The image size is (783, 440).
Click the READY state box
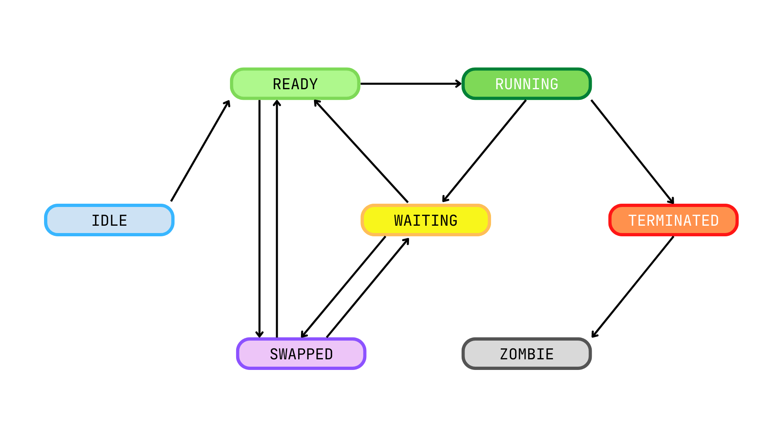[x=295, y=84]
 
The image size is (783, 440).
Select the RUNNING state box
[x=526, y=84]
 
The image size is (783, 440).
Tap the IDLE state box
[x=109, y=220]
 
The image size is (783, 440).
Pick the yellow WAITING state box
[x=426, y=220]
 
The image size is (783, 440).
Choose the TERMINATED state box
[x=673, y=220]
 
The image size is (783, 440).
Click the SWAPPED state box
[x=301, y=354]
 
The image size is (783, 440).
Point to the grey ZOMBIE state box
[x=526, y=354]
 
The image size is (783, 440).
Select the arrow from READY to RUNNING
[x=410, y=84]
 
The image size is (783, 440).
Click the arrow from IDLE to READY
[x=200, y=151]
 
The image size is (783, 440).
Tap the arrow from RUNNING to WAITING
[x=484, y=151]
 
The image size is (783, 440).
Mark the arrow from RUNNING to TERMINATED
[x=632, y=152]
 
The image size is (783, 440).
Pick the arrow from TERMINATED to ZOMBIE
[x=633, y=287]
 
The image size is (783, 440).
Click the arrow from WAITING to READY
[x=361, y=151]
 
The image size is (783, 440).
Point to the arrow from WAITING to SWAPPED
[x=343, y=287]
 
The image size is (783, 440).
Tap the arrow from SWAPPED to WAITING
[x=368, y=288]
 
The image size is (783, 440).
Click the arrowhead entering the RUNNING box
[x=458, y=84]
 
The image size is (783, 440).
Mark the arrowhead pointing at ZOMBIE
[x=595, y=334]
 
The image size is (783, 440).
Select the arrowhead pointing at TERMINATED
[x=671, y=200]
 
